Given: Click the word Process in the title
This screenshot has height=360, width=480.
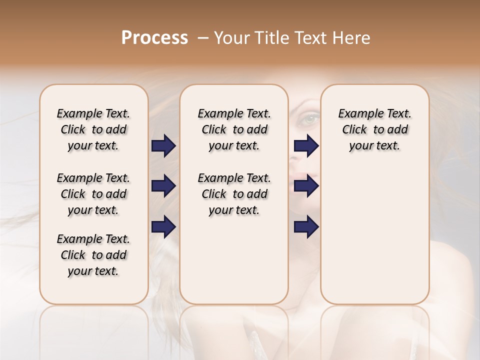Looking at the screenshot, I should click(x=154, y=38).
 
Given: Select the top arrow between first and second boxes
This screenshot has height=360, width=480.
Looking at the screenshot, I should click(x=163, y=146).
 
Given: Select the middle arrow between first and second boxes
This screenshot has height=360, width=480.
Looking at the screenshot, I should click(x=163, y=186).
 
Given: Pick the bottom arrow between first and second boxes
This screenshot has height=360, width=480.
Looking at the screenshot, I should click(x=163, y=227).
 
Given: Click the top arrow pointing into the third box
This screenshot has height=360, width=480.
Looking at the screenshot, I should click(x=306, y=146).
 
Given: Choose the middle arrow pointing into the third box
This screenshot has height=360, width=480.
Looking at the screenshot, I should click(x=306, y=186).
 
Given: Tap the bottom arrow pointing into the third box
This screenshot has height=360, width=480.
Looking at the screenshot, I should click(x=306, y=227).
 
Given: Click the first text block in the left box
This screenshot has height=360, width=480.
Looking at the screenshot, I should click(x=93, y=129).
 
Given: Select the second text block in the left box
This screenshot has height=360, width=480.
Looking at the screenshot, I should click(x=93, y=194).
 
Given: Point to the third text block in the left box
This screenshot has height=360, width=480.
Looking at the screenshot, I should click(x=93, y=255).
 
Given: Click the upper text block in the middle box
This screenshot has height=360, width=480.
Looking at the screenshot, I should click(x=234, y=129).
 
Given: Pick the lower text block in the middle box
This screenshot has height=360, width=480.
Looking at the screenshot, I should click(x=234, y=194).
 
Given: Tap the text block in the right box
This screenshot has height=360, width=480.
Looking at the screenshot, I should click(x=374, y=129).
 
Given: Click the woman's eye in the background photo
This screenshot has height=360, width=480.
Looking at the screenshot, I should click(x=310, y=119).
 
